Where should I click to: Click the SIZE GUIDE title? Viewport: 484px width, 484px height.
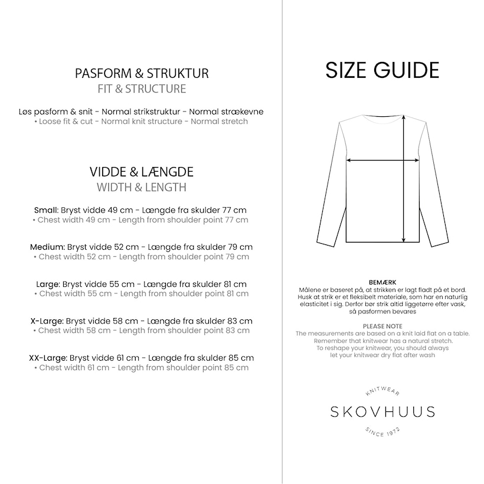point(382,70)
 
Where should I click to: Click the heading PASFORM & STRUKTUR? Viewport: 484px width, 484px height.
point(142,74)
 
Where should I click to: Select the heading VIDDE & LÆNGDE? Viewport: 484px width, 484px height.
point(142,172)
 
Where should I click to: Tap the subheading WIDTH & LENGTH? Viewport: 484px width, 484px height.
point(142,187)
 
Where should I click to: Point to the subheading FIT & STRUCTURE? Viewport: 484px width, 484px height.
point(142,89)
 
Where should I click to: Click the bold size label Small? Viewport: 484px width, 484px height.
point(46,210)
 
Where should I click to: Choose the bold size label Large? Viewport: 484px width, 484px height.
point(48,284)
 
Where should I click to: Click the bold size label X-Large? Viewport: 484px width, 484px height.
point(47,321)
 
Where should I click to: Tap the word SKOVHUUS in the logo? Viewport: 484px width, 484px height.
point(382,412)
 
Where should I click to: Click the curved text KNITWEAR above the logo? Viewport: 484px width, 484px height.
point(382,392)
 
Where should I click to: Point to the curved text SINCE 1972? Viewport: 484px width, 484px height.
point(382,432)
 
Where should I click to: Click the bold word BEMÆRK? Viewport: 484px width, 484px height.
point(382,283)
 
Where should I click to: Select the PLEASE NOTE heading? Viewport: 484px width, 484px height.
point(382,326)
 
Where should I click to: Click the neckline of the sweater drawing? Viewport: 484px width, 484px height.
point(382,116)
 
